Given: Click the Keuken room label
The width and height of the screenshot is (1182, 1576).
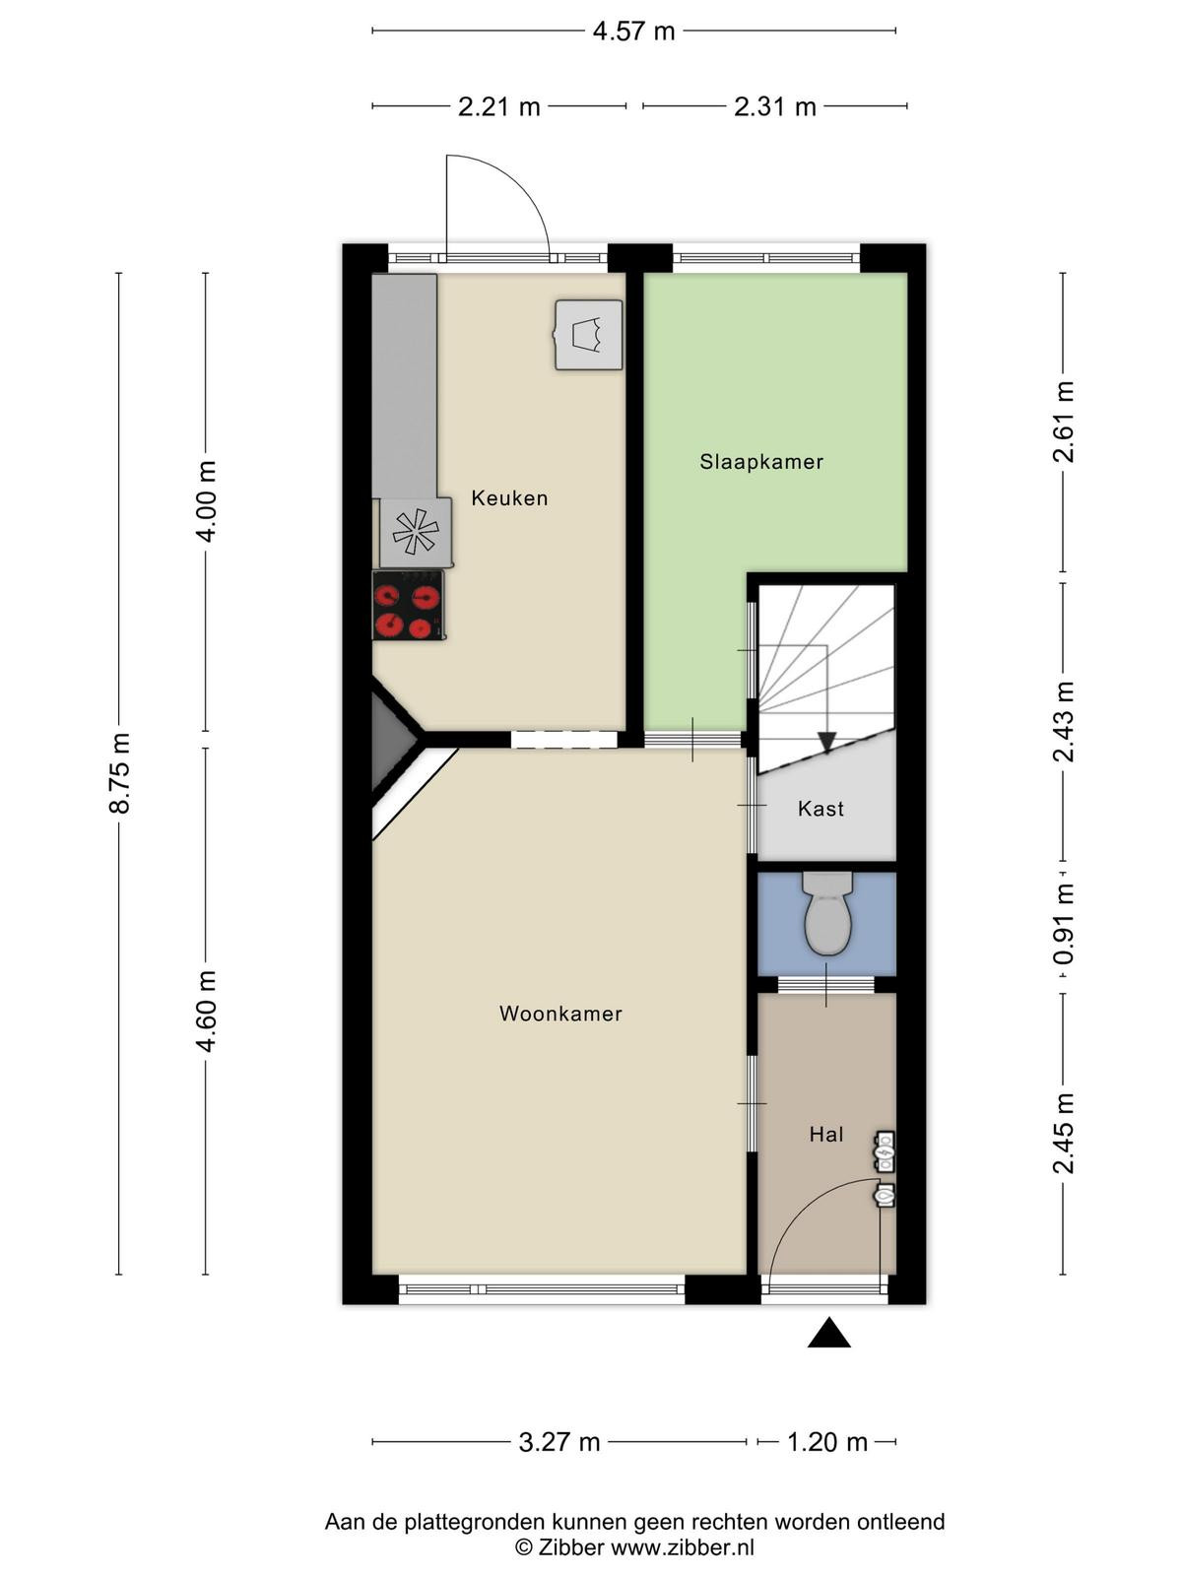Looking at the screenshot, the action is [509, 498].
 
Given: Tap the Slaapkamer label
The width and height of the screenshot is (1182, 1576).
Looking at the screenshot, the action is [761, 462].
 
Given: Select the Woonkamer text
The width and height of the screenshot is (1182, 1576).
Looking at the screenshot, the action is [560, 1014].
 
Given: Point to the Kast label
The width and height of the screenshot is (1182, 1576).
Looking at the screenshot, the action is [821, 810].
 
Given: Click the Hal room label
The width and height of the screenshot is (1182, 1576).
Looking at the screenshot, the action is [826, 1135].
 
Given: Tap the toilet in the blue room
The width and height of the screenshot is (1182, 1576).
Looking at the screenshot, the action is [827, 912].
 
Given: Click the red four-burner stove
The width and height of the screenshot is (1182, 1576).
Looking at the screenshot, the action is [409, 605].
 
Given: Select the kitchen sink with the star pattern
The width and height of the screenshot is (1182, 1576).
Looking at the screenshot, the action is [416, 532].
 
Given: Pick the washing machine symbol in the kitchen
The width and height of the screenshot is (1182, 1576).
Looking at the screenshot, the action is [588, 335].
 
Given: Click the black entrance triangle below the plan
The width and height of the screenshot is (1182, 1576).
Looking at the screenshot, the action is [829, 1333].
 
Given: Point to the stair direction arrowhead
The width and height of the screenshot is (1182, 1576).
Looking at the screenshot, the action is [827, 743].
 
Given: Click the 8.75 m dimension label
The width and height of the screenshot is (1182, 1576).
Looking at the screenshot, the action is [120, 773].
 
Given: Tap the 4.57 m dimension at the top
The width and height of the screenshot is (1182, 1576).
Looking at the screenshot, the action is [633, 32].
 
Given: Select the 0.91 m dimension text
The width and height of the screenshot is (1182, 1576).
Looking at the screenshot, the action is [1064, 923].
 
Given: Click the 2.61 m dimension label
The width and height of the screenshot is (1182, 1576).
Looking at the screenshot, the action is [1064, 422].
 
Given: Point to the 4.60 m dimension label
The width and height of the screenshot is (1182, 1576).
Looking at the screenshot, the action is [207, 1012].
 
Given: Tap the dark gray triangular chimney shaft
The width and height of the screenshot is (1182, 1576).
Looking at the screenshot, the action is [391, 741].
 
